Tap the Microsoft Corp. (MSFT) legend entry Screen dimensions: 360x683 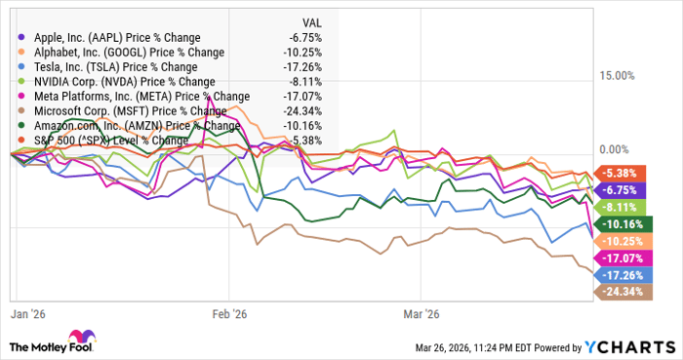point(113,110)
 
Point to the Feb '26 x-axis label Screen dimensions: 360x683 point(229,314)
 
